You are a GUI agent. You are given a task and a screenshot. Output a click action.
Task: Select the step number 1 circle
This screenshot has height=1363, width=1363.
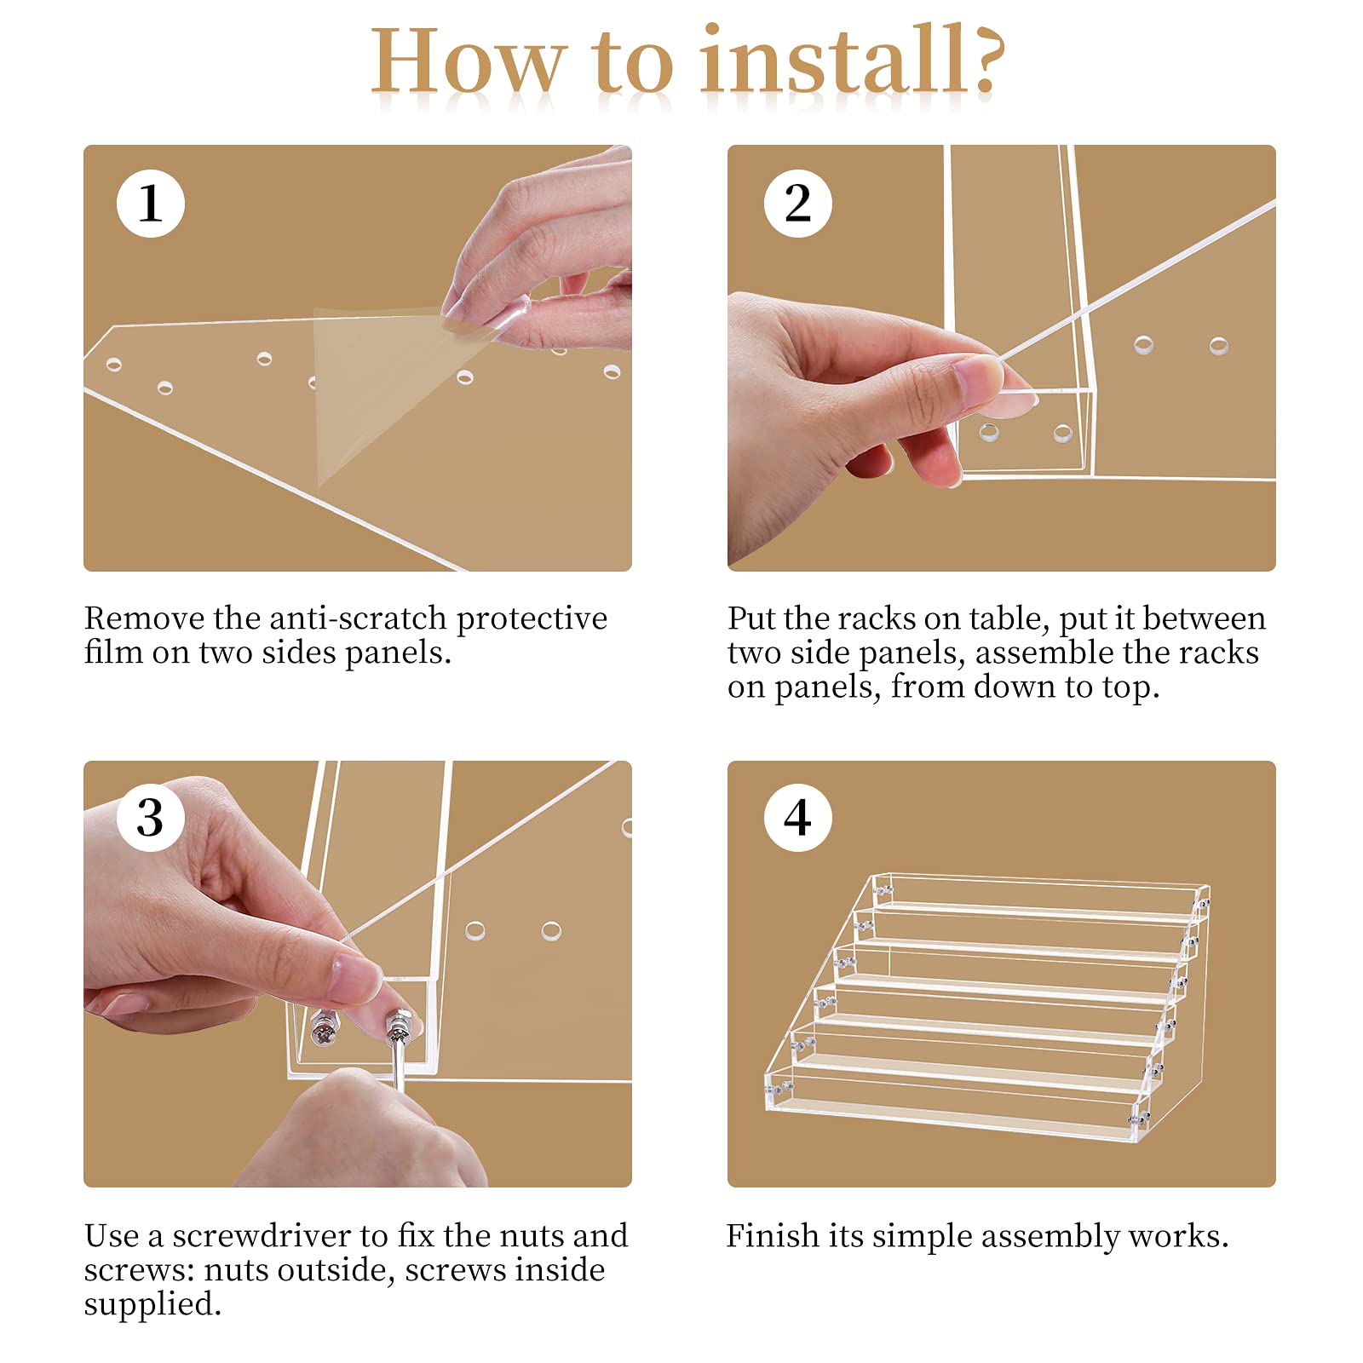pyautogui.click(x=151, y=204)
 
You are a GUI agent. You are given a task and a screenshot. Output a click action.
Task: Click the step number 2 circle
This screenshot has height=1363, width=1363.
pyautogui.click(x=797, y=204)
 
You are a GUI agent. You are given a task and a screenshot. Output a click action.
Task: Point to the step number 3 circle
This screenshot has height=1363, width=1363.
pyautogui.click(x=151, y=818)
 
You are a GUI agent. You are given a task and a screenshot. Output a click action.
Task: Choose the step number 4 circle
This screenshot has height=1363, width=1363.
pyautogui.click(x=797, y=818)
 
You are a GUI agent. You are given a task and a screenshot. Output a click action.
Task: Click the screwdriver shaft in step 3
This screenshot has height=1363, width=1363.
pyautogui.click(x=400, y=1065)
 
